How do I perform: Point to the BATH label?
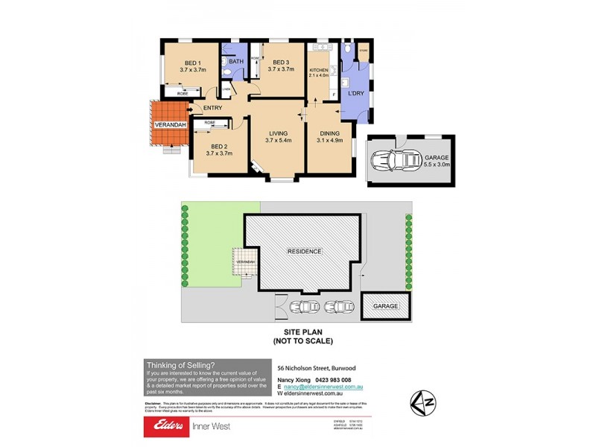(235, 62)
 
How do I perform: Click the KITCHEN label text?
(319, 71)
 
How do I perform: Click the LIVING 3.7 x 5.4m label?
(278, 136)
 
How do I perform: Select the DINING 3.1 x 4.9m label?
(329, 136)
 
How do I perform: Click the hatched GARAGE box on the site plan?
(386, 305)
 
